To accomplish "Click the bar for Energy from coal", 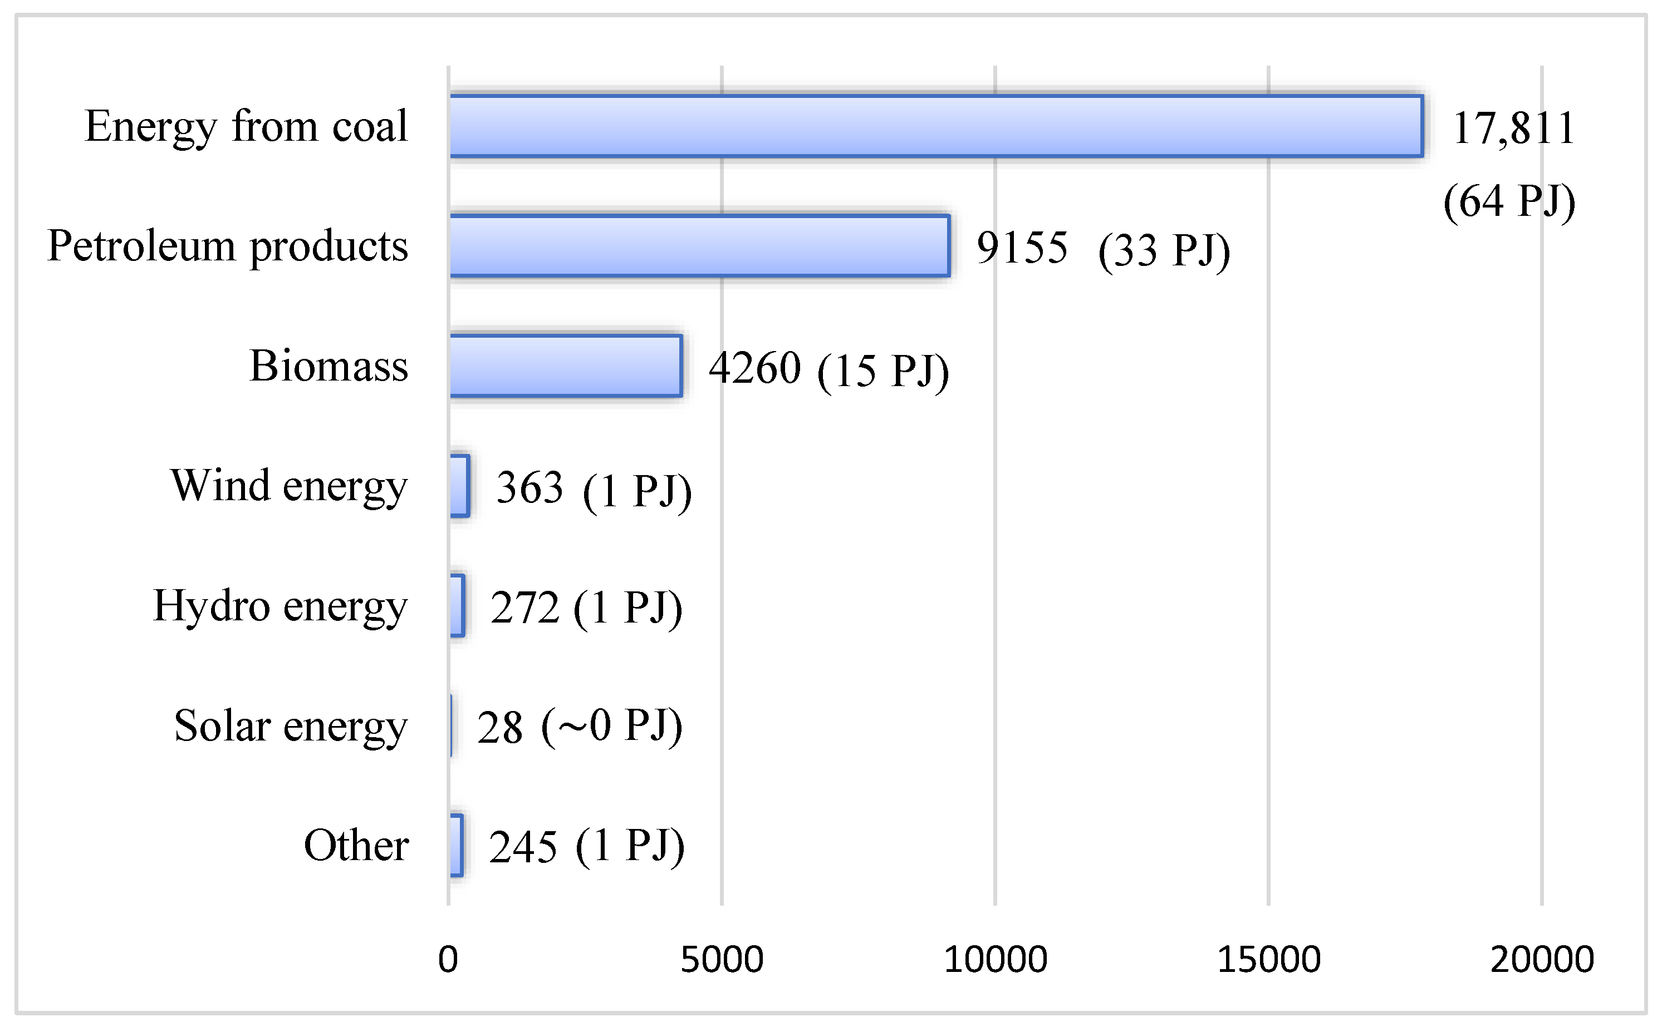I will pos(935,126).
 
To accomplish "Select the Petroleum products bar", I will pos(699,246).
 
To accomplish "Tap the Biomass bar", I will pos(565,366).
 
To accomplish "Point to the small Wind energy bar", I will pos(459,486).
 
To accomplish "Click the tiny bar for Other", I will pos(457,845).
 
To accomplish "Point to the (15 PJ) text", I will pos(883,371).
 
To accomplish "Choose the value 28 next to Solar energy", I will pos(499,728).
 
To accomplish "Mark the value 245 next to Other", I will pos(523,847).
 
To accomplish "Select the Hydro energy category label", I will pos(280,605).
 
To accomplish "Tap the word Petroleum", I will pos(141,246).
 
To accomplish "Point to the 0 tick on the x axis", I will pos(448,959).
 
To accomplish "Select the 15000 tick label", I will pos(1268,959).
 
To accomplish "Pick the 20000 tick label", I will pos(1542,959).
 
